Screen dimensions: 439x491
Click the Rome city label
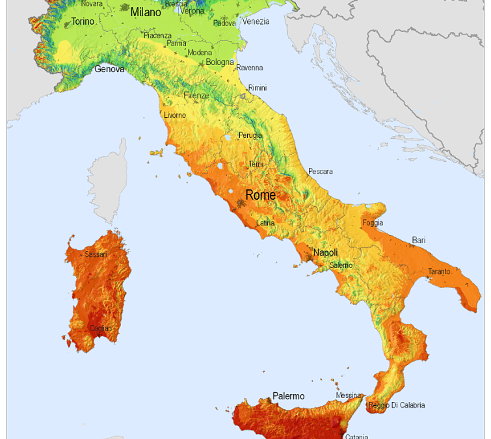coord(260,195)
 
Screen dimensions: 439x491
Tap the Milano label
coord(145,12)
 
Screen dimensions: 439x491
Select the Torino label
coord(83,21)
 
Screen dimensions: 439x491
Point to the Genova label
coord(109,68)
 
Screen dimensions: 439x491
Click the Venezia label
coord(256,21)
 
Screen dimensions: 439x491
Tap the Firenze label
coord(196,96)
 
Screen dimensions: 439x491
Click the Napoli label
coord(325,252)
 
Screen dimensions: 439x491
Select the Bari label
coord(419,241)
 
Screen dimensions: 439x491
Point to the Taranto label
coord(438,271)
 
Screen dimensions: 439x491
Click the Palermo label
coord(288,395)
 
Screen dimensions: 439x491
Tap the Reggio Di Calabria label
coord(396,405)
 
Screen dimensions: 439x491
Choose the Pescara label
coord(320,172)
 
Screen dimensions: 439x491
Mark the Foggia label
coord(373,223)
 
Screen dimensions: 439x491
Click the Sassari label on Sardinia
coord(96,254)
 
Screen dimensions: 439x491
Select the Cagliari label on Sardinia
coord(100,328)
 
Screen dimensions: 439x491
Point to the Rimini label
coord(257,88)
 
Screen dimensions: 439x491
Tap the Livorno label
coord(174,115)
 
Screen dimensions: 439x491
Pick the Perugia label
coord(250,135)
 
